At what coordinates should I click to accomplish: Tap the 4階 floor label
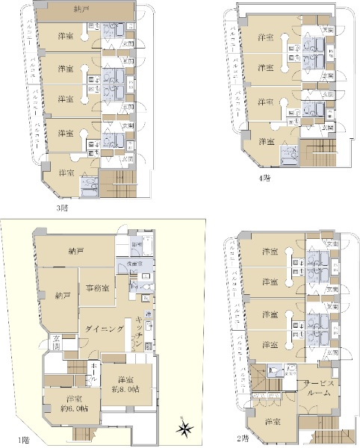pos(264,178)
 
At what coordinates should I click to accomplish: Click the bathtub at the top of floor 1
pos(137,244)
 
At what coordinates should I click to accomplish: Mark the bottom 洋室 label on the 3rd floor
pos(65,173)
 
